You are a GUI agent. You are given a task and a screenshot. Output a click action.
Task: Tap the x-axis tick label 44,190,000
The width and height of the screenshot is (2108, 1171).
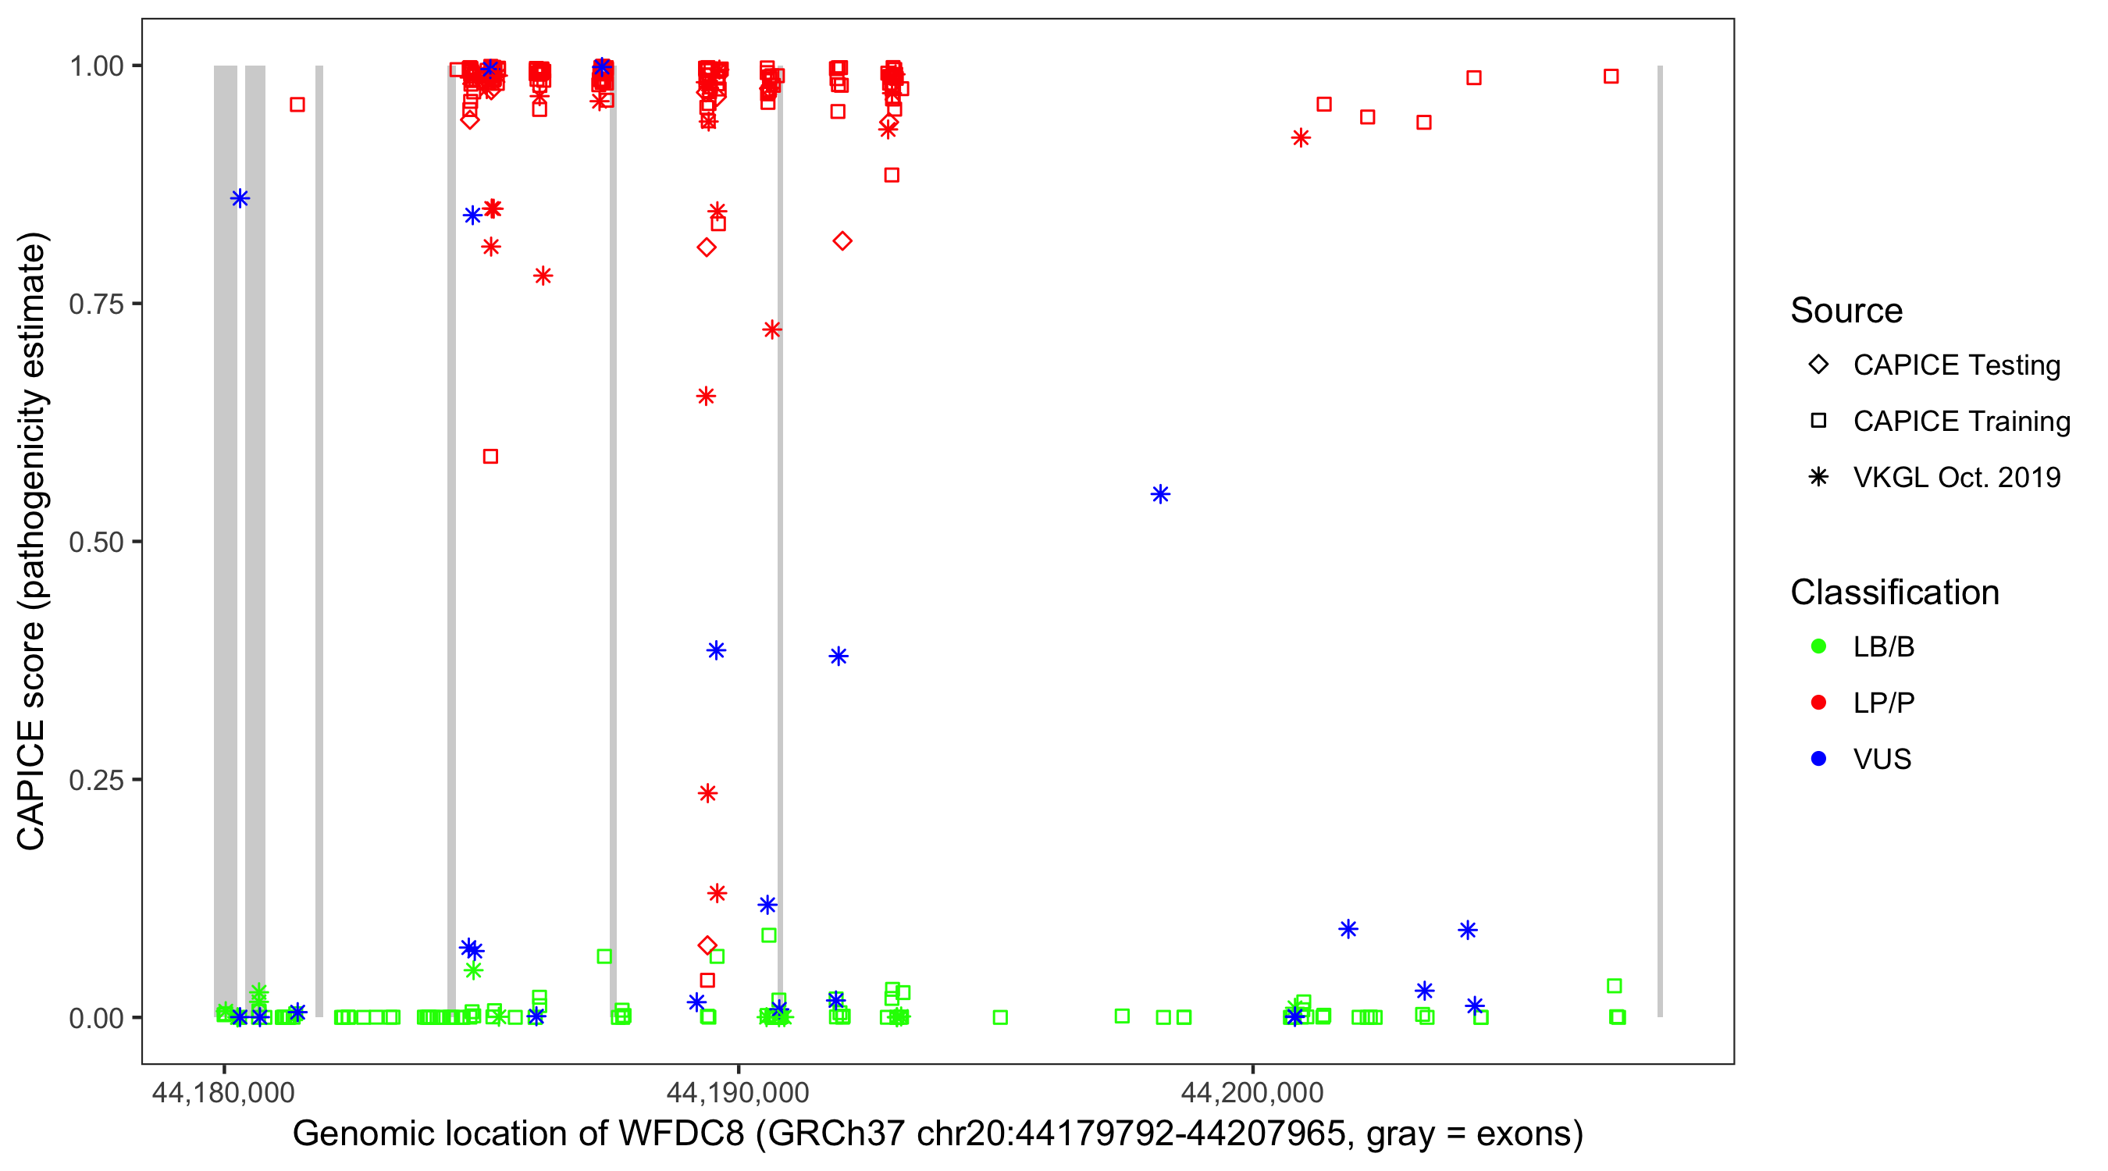pos(737,1092)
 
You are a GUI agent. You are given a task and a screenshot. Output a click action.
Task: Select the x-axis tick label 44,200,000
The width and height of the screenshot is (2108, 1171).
pos(1252,1092)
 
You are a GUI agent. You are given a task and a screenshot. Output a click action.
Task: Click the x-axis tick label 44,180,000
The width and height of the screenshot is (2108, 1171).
pos(223,1092)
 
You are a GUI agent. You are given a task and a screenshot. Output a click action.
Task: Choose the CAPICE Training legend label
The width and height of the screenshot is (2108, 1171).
pos(1960,422)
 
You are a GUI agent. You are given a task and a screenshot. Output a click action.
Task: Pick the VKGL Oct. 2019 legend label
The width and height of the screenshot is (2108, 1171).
pos(1956,478)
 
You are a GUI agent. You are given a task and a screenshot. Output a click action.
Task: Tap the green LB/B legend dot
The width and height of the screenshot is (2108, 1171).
pos(1818,647)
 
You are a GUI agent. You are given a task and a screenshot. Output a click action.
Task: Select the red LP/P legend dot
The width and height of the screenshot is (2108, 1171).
pos(1818,703)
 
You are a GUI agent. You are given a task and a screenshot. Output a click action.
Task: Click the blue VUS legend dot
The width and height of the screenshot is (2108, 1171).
pos(1818,760)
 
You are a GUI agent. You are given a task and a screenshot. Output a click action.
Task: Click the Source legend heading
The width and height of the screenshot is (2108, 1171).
pos(1846,311)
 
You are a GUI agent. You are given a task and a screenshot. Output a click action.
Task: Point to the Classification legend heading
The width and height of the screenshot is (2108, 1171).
pos(1893,593)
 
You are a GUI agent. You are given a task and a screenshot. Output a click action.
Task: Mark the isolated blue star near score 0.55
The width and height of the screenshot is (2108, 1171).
pos(1160,494)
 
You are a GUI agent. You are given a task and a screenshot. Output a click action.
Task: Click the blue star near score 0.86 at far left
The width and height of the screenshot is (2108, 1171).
pos(240,199)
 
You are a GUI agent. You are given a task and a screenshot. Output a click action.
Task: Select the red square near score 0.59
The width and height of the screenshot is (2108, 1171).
pos(490,457)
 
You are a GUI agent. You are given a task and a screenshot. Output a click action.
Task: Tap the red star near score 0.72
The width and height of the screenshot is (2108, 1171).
pos(771,329)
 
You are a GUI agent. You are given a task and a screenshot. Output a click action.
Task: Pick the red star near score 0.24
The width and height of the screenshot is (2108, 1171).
pos(708,793)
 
